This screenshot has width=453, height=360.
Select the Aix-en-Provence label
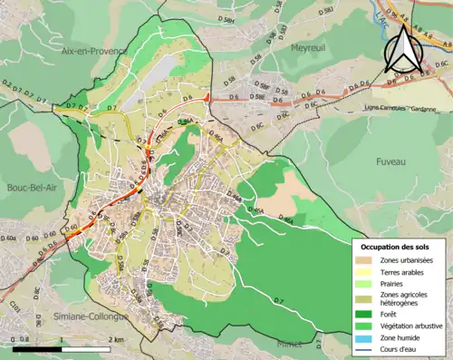92,53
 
